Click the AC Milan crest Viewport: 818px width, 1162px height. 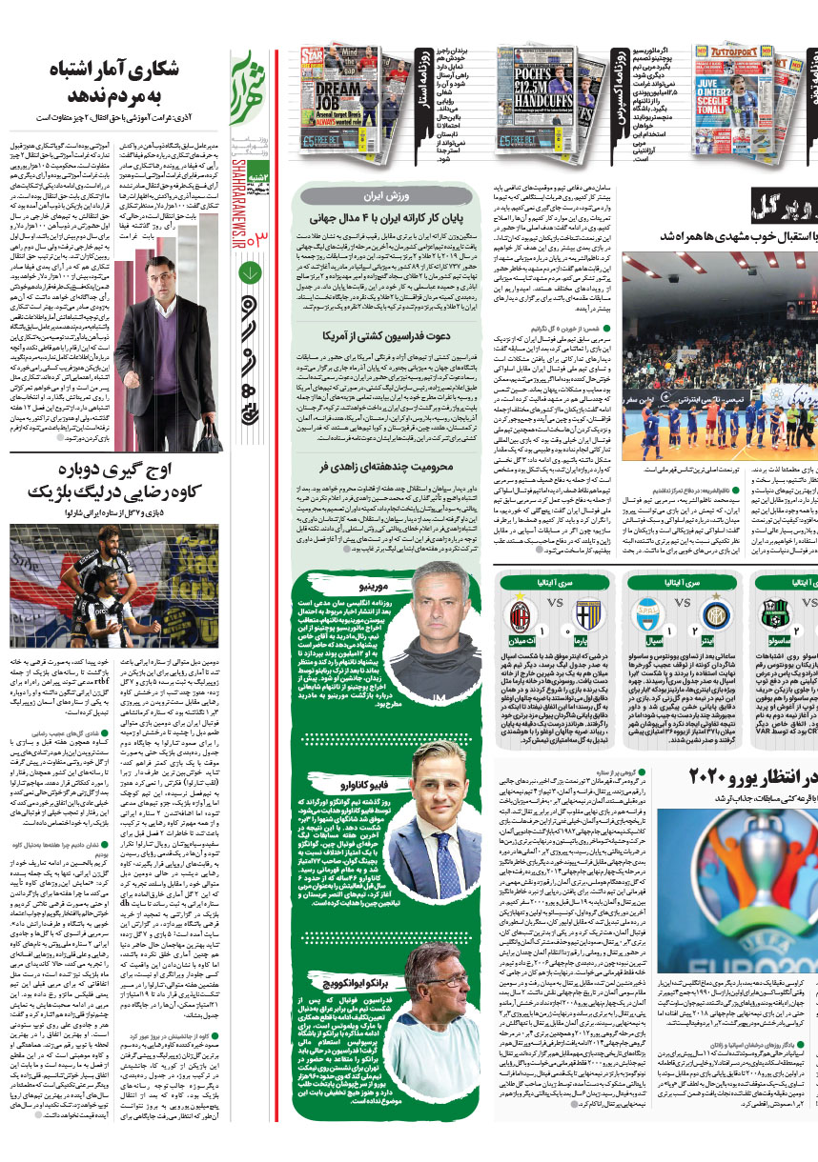point(521,617)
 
